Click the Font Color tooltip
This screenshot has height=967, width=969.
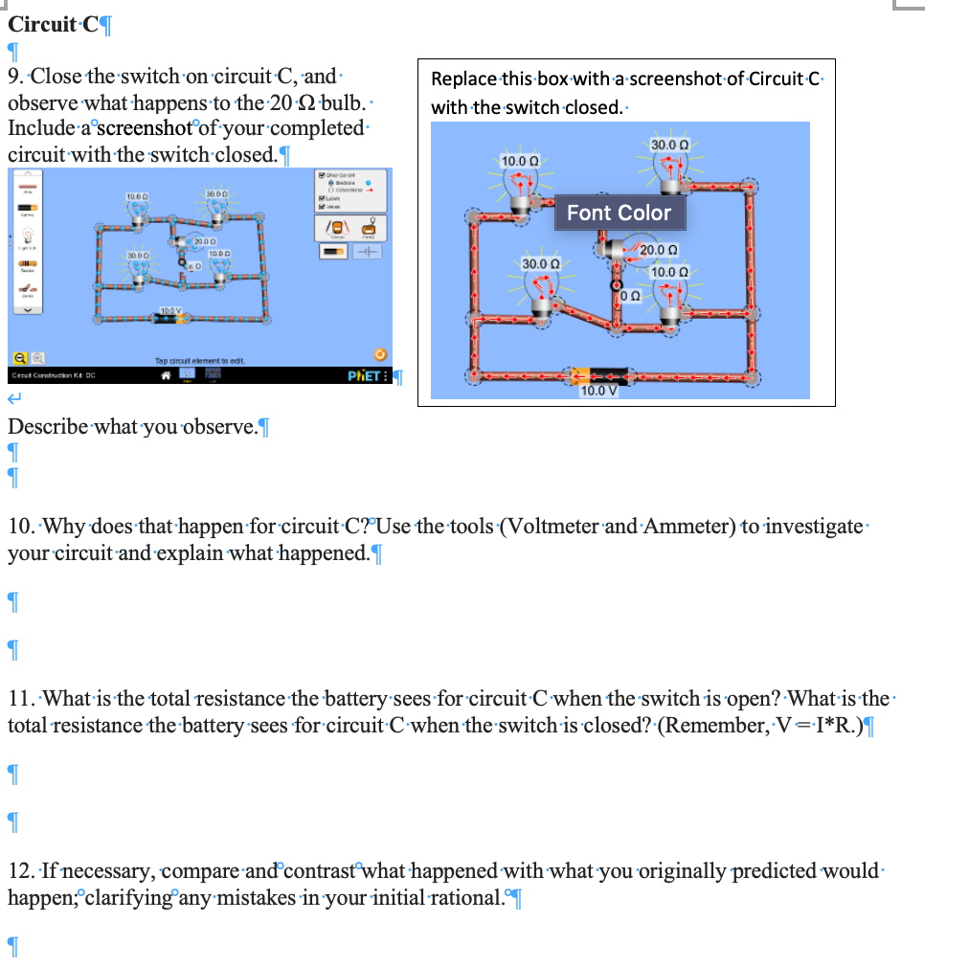(x=620, y=213)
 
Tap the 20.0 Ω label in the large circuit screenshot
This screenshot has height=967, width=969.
(x=660, y=250)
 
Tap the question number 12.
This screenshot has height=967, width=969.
(x=21, y=870)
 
